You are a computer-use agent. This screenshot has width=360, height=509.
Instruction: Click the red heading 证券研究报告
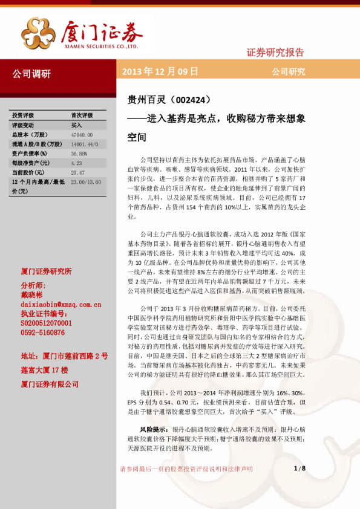(x=275, y=52)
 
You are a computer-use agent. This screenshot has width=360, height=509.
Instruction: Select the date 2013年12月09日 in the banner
(x=160, y=72)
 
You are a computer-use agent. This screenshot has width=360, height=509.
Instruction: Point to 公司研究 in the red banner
(x=288, y=72)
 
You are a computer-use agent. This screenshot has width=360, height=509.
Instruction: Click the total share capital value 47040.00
(x=82, y=134)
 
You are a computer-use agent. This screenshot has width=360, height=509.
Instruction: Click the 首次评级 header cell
(x=82, y=115)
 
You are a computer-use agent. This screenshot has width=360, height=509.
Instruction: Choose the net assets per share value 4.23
(x=76, y=163)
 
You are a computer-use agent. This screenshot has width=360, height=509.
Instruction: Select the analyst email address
(x=53, y=305)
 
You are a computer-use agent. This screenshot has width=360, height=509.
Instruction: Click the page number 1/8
(x=299, y=468)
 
